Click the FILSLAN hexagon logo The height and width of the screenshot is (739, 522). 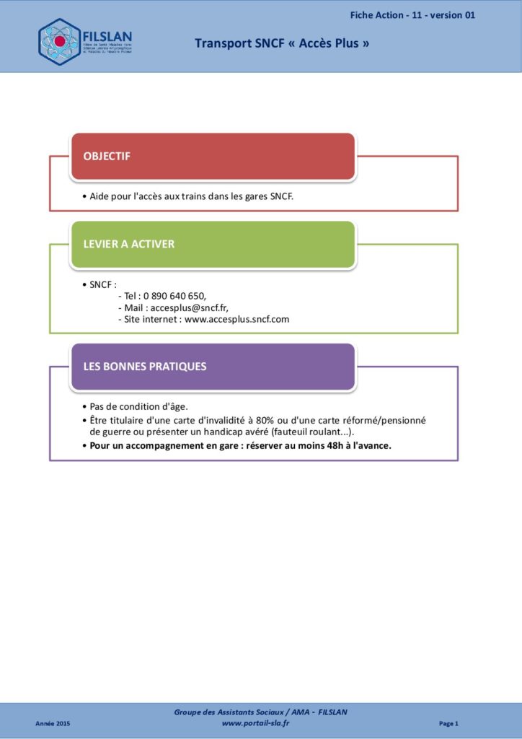[x=59, y=41]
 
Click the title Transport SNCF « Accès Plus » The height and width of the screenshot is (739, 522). [x=282, y=43]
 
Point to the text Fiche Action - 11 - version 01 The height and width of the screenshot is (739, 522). [x=412, y=15]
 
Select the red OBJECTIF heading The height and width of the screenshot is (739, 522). [x=107, y=156]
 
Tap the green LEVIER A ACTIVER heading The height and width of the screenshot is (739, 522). [x=128, y=244]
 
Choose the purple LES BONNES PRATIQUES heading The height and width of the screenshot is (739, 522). [x=144, y=366]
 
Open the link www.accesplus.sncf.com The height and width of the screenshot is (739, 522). [x=236, y=319]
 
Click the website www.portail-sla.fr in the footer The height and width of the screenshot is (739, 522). [x=255, y=723]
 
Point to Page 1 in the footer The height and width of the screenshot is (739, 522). [x=448, y=723]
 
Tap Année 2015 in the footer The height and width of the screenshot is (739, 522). [x=53, y=723]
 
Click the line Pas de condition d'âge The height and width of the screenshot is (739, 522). [x=138, y=406]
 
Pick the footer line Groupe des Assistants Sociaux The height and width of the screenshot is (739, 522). [x=260, y=712]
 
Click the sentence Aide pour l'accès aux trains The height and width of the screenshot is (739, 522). [x=191, y=196]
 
